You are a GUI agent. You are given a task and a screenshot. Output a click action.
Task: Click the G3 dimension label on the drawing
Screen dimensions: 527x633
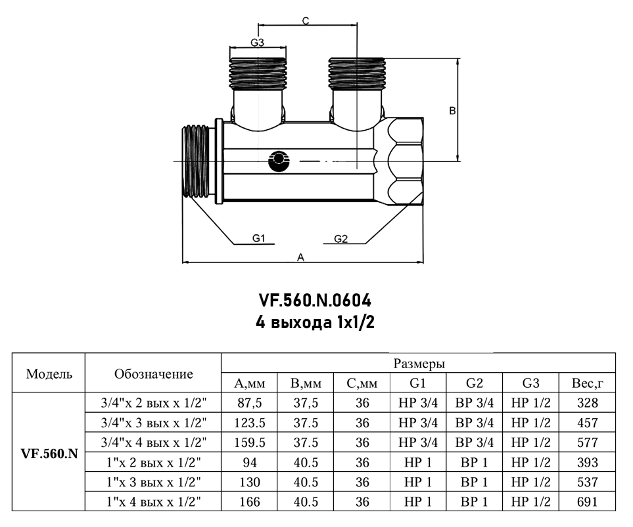click(258, 43)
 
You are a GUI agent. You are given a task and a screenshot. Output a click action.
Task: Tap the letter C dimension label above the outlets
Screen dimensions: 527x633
click(306, 20)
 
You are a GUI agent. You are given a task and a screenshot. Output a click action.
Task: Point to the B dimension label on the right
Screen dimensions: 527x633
click(452, 111)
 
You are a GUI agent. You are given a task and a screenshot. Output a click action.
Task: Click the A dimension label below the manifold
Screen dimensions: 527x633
click(301, 257)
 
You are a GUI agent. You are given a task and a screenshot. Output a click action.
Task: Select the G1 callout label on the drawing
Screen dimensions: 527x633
click(258, 238)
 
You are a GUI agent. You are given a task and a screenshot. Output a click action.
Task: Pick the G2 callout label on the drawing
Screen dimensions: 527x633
click(340, 238)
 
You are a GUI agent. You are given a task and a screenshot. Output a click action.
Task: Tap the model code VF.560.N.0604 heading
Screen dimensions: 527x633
click(316, 301)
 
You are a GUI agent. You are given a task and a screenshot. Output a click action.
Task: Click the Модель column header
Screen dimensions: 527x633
click(49, 374)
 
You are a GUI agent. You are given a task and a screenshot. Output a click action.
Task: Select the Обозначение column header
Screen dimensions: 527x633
click(153, 374)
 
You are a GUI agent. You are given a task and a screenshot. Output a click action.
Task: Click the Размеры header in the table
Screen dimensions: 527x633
click(419, 364)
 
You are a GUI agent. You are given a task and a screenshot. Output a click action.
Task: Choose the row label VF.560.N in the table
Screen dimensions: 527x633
click(49, 453)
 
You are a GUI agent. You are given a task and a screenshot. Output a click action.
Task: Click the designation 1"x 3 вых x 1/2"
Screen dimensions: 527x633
click(153, 482)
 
